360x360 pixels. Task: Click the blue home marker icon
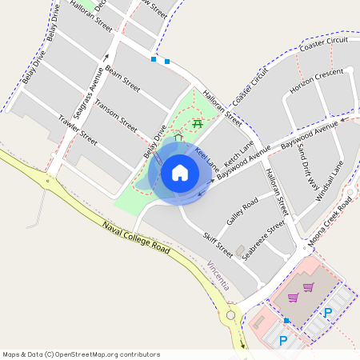click(x=179, y=172)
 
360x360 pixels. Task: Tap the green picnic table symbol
click(x=198, y=123)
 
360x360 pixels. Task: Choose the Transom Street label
click(x=116, y=113)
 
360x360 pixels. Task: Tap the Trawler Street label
click(x=78, y=130)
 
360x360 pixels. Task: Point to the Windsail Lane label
click(x=329, y=182)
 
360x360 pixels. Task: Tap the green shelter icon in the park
click(x=178, y=138)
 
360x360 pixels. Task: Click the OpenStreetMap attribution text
click(x=81, y=354)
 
